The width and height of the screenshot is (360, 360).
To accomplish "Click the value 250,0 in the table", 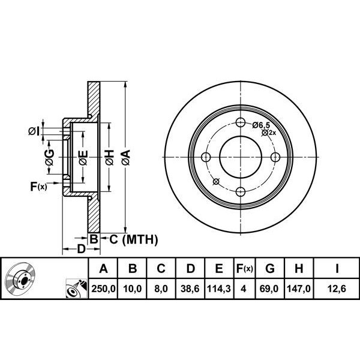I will [x=103, y=289].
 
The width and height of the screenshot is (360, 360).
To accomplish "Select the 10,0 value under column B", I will [x=133, y=289].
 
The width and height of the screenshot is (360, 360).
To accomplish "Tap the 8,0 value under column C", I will [x=161, y=289].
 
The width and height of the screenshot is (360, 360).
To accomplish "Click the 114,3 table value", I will [x=219, y=289].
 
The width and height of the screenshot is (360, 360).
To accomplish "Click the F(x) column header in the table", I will [x=244, y=268].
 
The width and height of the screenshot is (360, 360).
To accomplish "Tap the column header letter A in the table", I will [x=103, y=268].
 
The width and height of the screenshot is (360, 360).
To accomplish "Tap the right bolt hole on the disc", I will [x=275, y=157].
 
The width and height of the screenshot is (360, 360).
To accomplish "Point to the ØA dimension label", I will [x=125, y=158].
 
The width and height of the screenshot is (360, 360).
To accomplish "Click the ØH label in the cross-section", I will [x=109, y=158].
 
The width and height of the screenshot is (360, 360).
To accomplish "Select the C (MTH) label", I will [x=130, y=240].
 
